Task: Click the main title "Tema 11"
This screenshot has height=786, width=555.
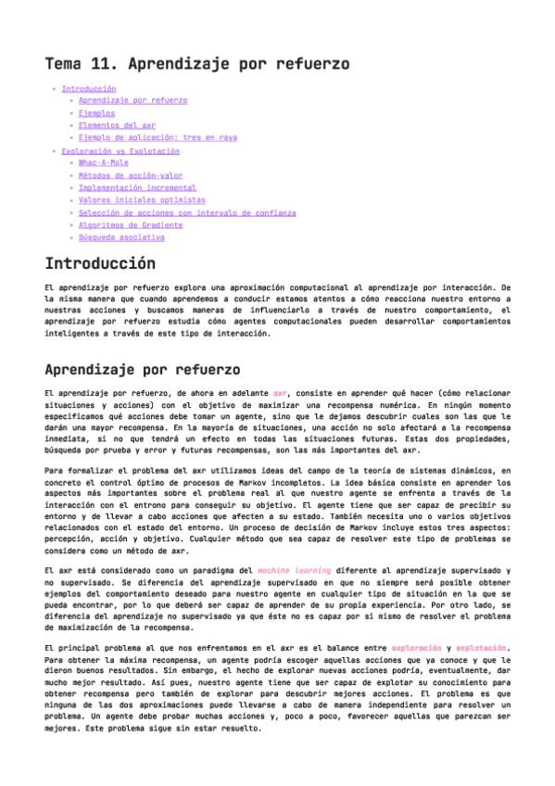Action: [x=196, y=64]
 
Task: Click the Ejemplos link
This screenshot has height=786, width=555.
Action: [x=96, y=113]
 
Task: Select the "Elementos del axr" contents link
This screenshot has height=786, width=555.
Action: [x=117, y=125]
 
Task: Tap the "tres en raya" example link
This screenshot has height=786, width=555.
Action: [x=158, y=137]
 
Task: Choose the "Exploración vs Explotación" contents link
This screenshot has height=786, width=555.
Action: [x=120, y=151]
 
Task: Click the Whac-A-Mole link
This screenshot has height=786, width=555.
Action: [x=104, y=163]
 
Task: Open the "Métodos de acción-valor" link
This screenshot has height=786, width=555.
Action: [x=131, y=175]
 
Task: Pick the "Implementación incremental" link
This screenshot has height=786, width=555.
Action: [x=137, y=187]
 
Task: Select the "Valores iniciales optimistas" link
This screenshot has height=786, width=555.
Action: [x=142, y=199]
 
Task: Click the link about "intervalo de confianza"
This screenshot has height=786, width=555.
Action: [x=187, y=212]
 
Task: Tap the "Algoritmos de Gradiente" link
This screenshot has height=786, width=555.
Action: [x=131, y=224]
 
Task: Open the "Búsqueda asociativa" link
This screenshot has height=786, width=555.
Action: [x=121, y=237]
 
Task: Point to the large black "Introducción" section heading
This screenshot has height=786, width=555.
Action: [x=100, y=264]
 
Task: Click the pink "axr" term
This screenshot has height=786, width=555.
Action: [x=280, y=394]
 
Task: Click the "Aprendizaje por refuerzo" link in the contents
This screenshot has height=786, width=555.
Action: [x=132, y=101]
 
